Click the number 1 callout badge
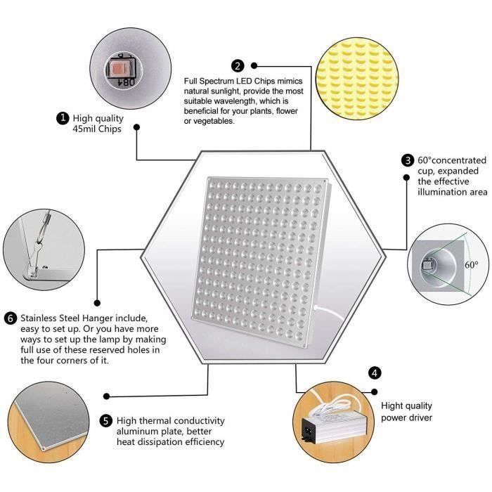(x=63, y=118)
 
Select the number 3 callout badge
(x=407, y=160)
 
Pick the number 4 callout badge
(x=375, y=373)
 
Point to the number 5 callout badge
(x=105, y=420)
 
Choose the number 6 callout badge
(x=11, y=317)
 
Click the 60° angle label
(x=471, y=265)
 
